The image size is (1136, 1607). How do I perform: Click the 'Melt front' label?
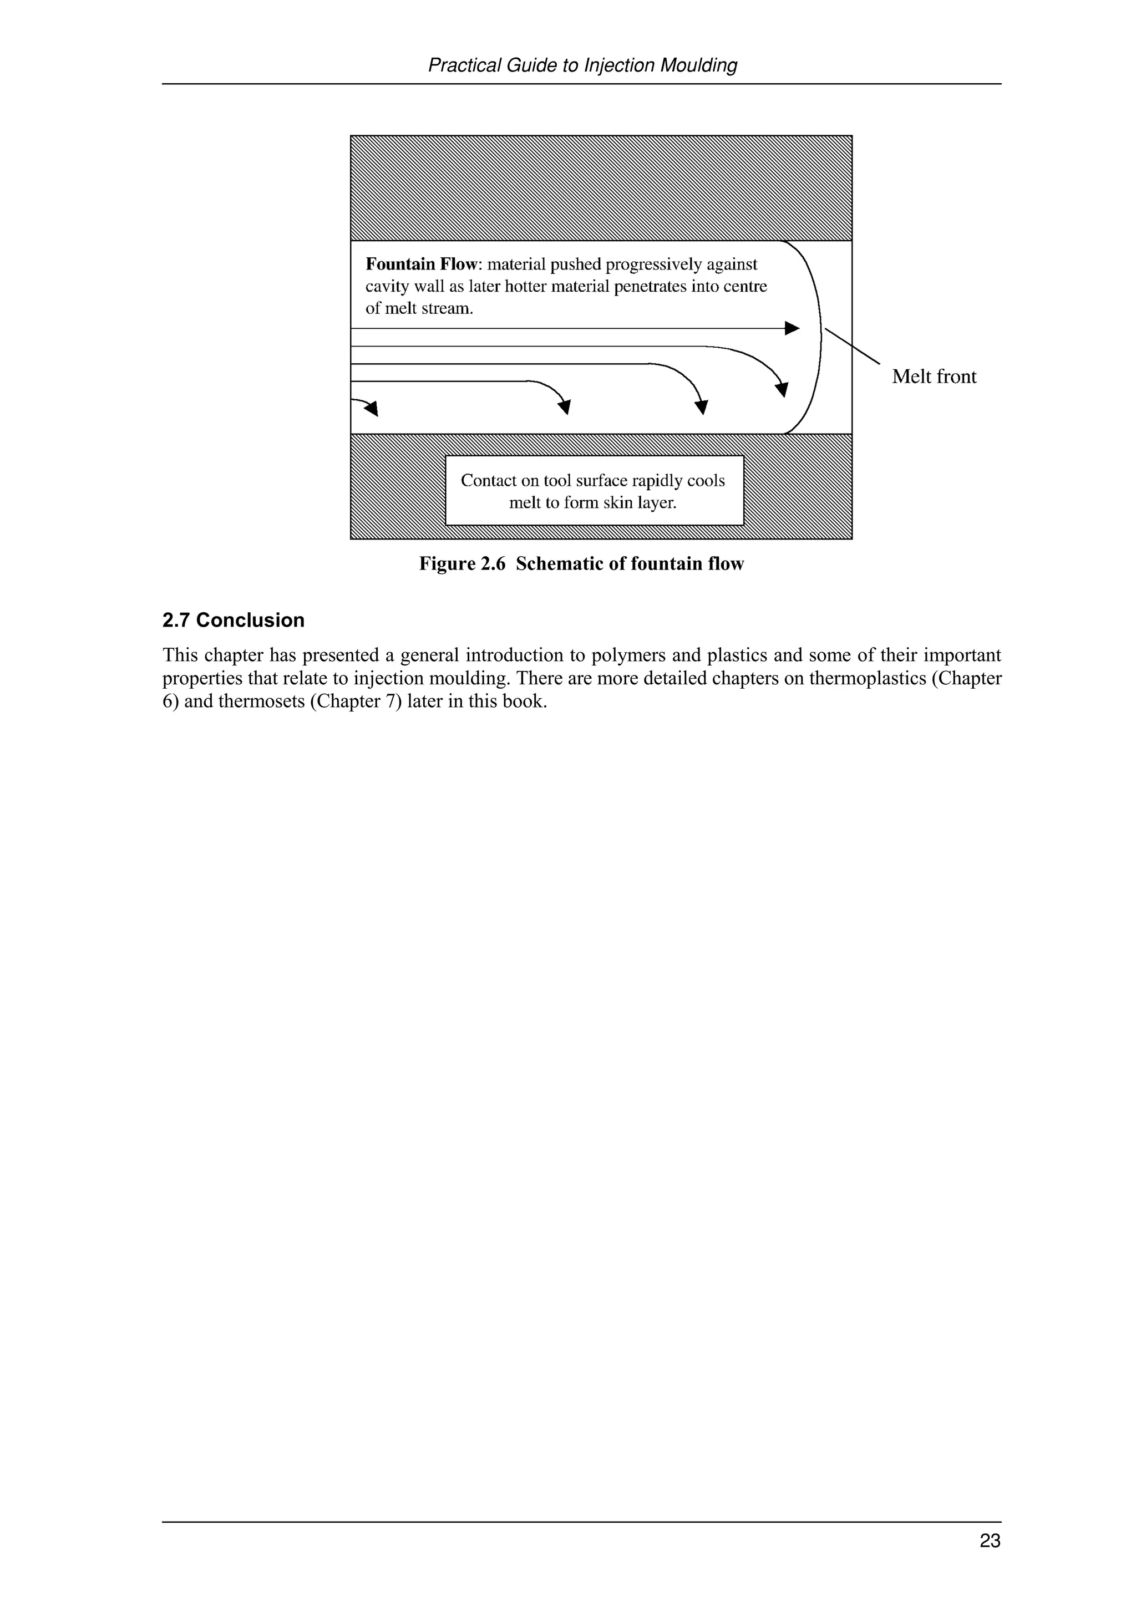934,377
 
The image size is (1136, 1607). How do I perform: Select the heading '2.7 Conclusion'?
233,620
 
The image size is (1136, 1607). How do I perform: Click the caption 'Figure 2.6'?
462,564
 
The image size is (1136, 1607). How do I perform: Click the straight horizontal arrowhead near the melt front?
792,328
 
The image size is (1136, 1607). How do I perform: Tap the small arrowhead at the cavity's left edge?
372,408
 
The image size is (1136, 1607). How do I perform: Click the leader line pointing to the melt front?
852,346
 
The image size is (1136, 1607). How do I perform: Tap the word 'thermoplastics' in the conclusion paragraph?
866,678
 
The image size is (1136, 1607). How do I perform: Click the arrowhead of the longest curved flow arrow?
783,389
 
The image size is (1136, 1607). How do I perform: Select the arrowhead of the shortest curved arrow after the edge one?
565,406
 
